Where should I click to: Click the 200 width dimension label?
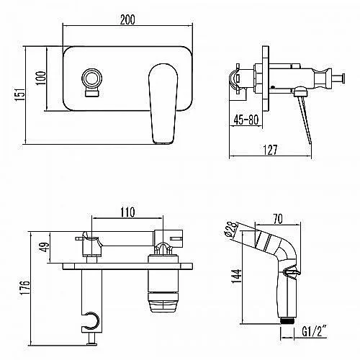[127, 19]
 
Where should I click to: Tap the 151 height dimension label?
[20, 94]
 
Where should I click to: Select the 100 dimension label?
[40, 78]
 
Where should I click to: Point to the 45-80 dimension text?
[246, 120]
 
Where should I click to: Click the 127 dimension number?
[270, 150]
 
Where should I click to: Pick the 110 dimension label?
[127, 212]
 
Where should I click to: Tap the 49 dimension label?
[45, 246]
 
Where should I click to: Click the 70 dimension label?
[278, 219]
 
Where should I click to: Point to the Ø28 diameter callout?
[231, 229]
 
